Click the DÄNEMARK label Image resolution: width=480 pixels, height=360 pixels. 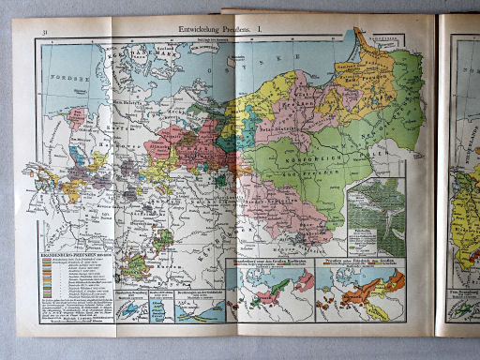coord(141,56)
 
